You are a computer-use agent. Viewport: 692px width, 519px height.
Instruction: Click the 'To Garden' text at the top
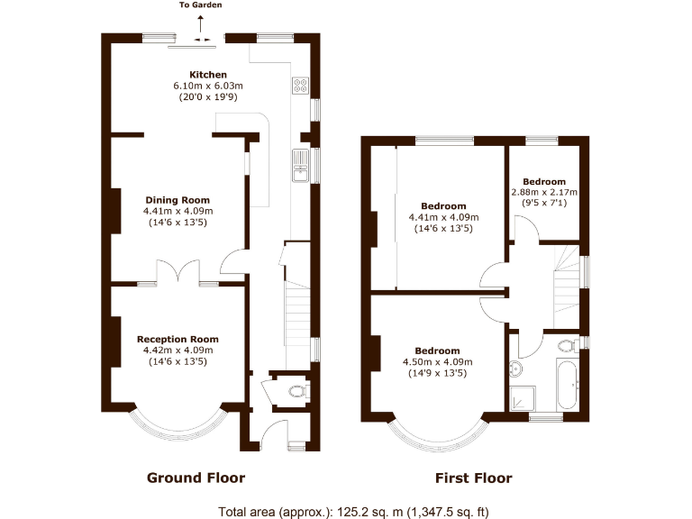(x=200, y=5)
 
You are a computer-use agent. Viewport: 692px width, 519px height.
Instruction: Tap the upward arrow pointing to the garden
(x=200, y=23)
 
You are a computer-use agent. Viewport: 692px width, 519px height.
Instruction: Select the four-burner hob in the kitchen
(x=301, y=86)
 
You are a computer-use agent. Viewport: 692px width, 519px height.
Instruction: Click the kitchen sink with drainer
(x=300, y=165)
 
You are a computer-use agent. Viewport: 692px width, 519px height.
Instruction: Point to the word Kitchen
(x=207, y=75)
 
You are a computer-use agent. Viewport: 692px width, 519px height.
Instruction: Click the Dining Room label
(x=178, y=200)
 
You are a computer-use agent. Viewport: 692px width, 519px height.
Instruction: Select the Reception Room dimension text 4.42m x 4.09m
(x=178, y=351)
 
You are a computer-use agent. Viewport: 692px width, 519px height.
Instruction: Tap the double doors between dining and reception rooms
(x=178, y=273)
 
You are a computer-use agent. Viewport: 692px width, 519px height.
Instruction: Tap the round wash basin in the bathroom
(x=516, y=369)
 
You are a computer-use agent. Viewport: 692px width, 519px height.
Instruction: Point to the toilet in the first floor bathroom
(x=567, y=345)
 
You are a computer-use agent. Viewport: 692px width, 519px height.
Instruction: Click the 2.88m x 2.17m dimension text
(x=544, y=193)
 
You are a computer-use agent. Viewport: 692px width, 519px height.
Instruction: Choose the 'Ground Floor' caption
(x=196, y=478)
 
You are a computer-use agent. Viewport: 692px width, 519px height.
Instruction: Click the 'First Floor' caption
(x=473, y=478)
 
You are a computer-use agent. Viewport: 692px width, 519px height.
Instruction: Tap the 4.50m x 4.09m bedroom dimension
(x=437, y=362)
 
